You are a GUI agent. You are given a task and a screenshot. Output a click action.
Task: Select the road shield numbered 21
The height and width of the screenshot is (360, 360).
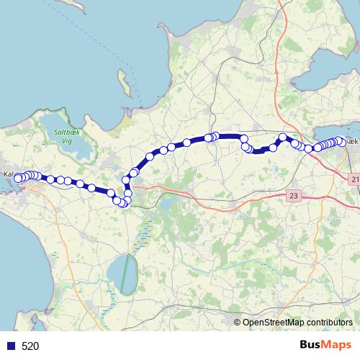[355, 179]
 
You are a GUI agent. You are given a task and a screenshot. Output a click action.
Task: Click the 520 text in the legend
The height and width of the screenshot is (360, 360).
[30, 346]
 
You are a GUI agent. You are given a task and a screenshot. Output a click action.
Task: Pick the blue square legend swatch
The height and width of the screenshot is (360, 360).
[11, 346]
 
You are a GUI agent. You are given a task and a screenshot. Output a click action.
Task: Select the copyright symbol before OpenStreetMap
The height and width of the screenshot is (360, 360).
[237, 323]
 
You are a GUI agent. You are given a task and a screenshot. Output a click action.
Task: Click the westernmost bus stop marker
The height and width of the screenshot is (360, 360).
[18, 178]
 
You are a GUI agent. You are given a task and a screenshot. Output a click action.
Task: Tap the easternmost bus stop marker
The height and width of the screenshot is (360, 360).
[342, 142]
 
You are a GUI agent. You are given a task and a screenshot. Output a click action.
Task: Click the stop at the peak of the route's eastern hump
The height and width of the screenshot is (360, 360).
[283, 138]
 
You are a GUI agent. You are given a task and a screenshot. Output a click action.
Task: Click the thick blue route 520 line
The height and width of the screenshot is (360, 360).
[230, 136]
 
